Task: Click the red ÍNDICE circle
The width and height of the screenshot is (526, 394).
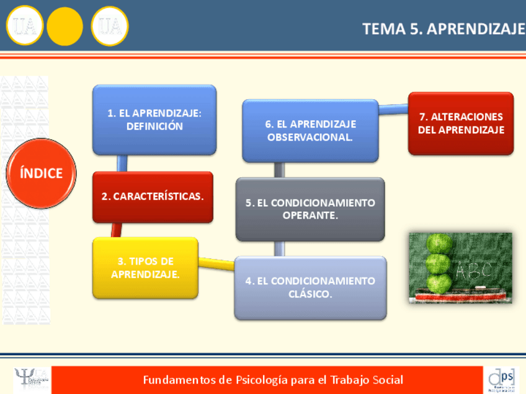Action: click(x=41, y=173)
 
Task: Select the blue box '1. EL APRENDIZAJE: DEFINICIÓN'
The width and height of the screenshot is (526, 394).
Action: click(x=154, y=119)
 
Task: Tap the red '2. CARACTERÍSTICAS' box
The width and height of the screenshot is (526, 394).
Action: click(x=153, y=196)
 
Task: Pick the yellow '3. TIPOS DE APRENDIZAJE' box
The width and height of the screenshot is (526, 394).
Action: click(x=145, y=268)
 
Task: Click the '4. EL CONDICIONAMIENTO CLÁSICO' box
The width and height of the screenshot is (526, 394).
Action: click(x=310, y=287)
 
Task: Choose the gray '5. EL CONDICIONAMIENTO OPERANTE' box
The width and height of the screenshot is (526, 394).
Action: click(x=310, y=209)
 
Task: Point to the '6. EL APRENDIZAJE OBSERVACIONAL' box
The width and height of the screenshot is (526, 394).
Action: click(x=310, y=130)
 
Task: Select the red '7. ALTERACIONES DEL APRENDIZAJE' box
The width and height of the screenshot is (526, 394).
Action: click(x=460, y=123)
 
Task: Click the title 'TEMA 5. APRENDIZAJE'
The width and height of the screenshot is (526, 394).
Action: click(x=443, y=28)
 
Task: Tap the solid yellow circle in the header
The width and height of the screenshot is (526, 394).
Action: click(x=65, y=27)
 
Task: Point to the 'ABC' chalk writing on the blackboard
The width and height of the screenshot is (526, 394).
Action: click(x=473, y=270)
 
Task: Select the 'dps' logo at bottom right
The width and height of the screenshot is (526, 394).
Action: click(x=501, y=379)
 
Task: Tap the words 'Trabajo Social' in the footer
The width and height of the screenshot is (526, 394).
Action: click(x=370, y=380)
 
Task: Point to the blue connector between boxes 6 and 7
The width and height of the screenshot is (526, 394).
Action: click(x=393, y=110)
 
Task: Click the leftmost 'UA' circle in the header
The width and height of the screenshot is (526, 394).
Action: click(x=25, y=27)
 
